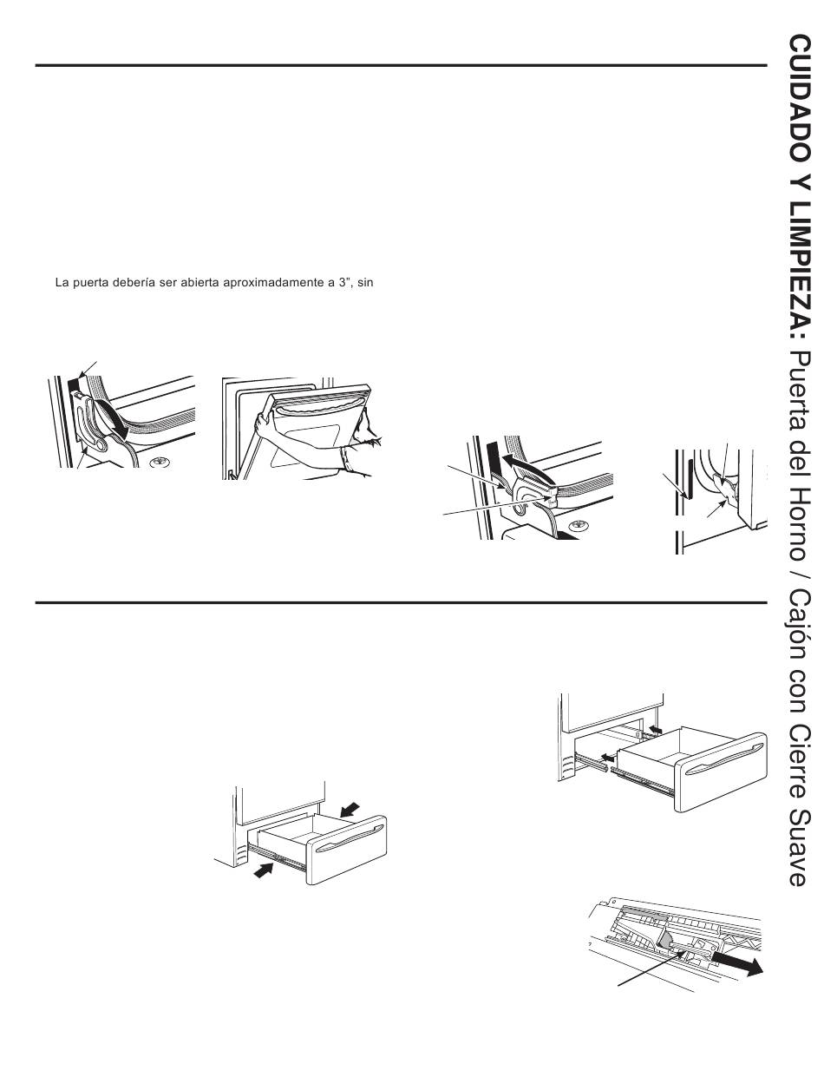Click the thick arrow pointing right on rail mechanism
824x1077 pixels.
[x=742, y=965]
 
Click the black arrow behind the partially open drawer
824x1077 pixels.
[x=350, y=809]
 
